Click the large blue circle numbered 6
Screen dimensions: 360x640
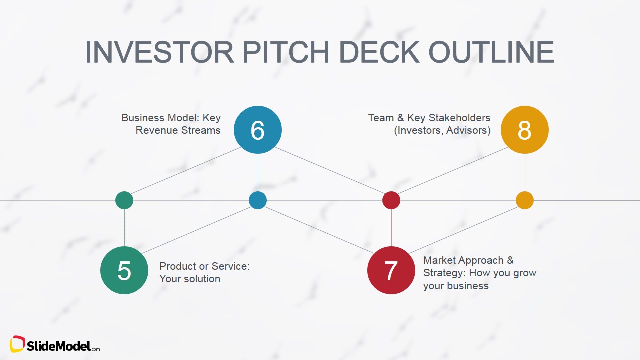(258, 130)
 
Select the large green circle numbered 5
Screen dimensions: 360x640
(124, 270)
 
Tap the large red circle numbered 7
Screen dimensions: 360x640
(391, 270)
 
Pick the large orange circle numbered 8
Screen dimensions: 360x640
(525, 130)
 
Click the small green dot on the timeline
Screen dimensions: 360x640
(124, 200)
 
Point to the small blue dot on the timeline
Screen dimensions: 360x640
(258, 200)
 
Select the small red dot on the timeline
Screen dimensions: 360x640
(391, 200)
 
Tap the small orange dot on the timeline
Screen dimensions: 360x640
(525, 200)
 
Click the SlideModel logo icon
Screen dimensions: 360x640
(17, 344)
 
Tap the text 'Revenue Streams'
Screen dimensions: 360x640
(178, 131)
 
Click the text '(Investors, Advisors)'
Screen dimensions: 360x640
(442, 131)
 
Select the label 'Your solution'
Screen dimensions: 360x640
(190, 279)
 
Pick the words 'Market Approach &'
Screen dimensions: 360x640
(468, 260)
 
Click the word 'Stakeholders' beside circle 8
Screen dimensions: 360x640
(459, 118)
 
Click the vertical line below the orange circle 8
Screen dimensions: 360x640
(525, 172)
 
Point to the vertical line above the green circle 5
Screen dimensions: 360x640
(124, 228)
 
